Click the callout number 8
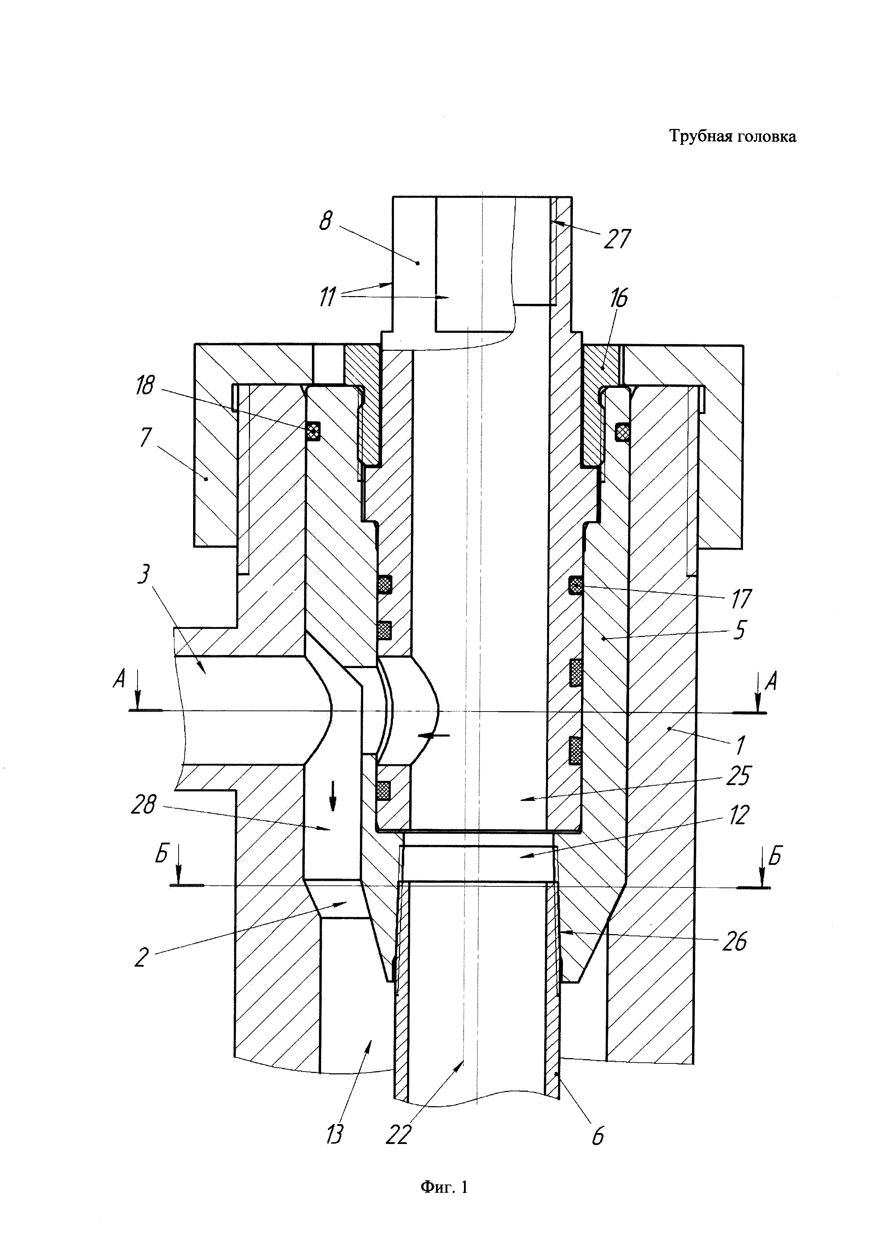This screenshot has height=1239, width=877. pos(326,221)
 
